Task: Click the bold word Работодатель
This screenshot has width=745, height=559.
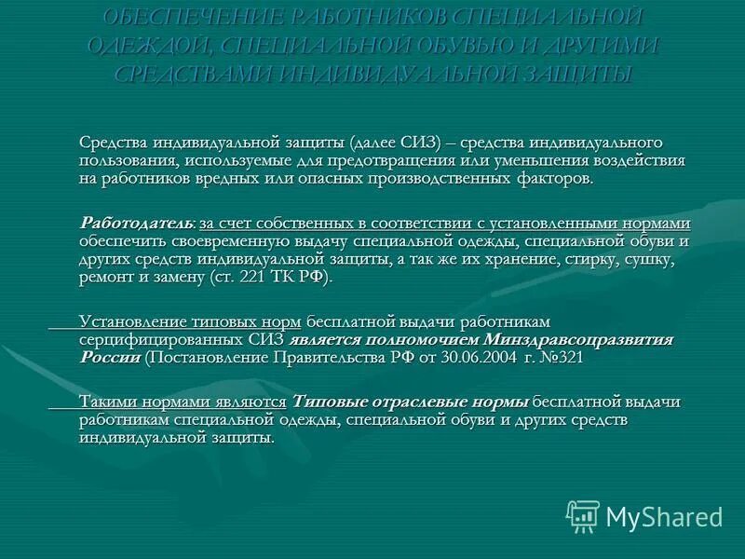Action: coord(137,224)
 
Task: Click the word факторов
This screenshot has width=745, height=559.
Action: coord(553,178)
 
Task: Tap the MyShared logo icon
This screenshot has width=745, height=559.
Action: coord(583,516)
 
